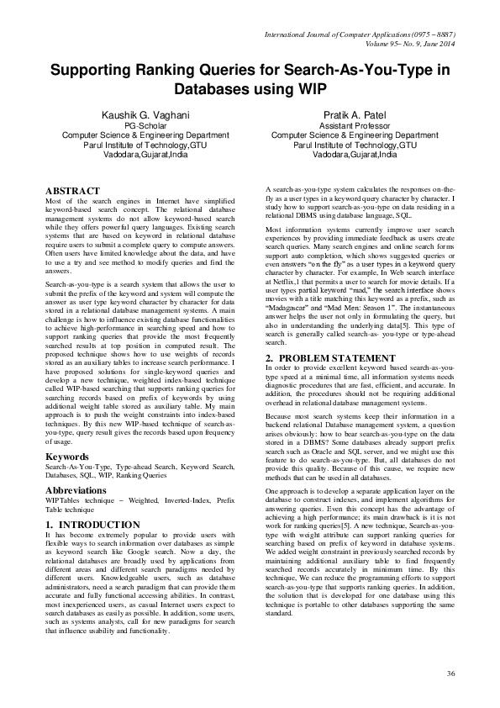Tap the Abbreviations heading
click(x=82, y=489)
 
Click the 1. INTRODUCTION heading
click(x=92, y=525)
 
